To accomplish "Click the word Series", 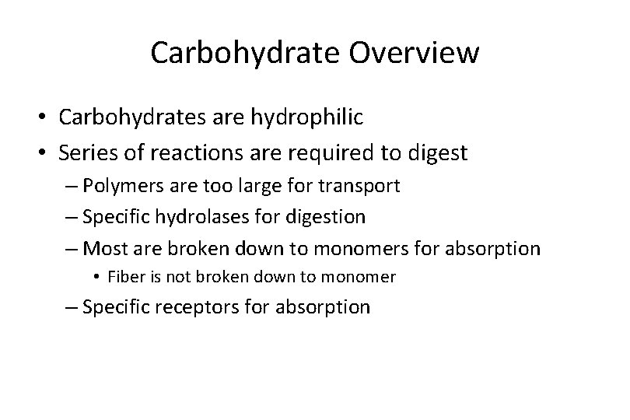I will pos(86,152).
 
